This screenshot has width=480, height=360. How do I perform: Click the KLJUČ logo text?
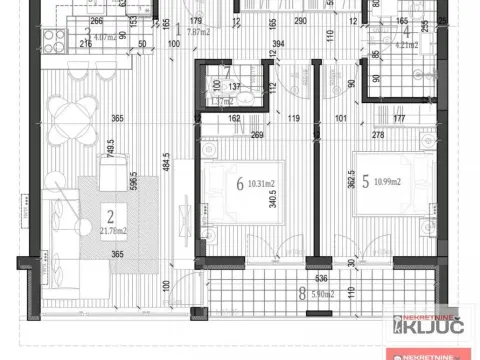441,327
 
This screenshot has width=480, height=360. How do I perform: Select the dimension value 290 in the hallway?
300,20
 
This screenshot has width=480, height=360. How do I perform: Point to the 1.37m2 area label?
222,101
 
